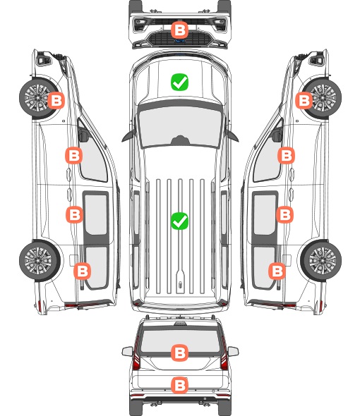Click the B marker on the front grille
179,30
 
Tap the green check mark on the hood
179,82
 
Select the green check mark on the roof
179,221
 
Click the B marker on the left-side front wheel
56,101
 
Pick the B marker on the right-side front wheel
304,101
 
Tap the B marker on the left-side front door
73,155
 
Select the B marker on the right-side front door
286,155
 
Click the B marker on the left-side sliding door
74,214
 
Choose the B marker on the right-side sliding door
284,214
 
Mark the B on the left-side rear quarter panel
82,271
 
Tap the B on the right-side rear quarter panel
277,271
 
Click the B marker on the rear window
179,353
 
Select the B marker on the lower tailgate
179,385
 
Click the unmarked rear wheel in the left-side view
40,261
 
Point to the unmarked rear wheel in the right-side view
321,261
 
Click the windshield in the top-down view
180,125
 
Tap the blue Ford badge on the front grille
179,41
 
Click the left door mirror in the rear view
127,352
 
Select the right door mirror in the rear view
233,352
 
